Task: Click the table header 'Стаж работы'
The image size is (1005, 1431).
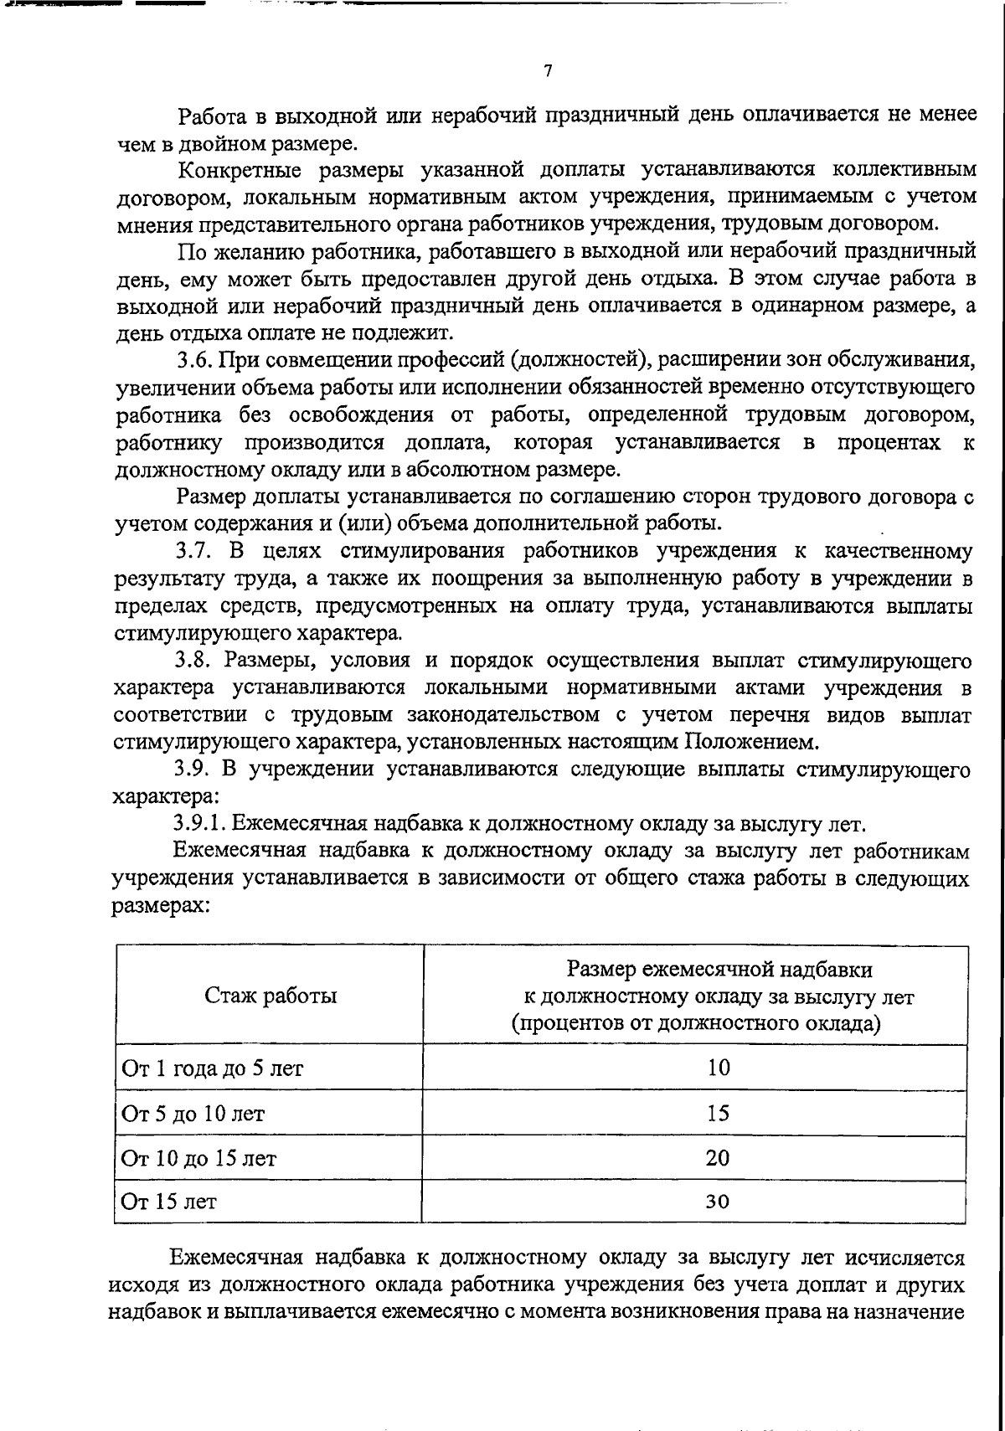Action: coord(271,996)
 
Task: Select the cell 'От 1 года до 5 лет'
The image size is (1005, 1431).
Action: coord(213,1068)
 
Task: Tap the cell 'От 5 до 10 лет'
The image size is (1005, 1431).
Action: coord(193,1114)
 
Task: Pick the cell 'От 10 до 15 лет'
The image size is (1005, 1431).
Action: coord(199,1159)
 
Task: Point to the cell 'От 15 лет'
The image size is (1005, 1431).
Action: coord(169,1202)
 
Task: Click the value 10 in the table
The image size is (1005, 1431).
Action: coord(718,1068)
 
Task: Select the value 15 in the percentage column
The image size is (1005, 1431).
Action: coord(718,1113)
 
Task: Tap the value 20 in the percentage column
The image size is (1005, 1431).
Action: coord(718,1158)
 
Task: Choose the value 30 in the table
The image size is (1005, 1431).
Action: coord(718,1202)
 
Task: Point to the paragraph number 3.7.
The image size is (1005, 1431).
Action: coord(195,552)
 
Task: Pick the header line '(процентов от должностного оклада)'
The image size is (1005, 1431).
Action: coord(695,1024)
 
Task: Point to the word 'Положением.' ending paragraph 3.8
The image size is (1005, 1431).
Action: coord(750,742)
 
